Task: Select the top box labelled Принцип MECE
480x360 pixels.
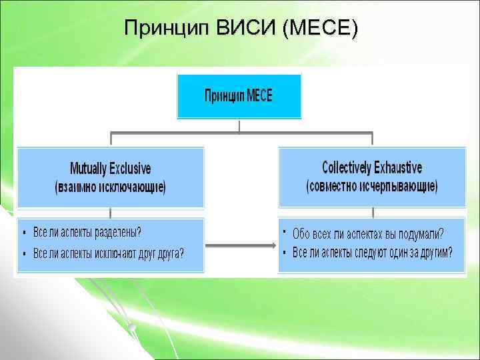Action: click(x=239, y=95)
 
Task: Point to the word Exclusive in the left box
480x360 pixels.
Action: click(x=131, y=169)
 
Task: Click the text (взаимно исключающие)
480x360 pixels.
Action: click(x=110, y=187)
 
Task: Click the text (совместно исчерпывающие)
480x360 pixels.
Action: click(x=371, y=186)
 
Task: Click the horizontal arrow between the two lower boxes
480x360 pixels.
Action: click(x=241, y=245)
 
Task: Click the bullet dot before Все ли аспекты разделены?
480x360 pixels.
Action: click(x=25, y=233)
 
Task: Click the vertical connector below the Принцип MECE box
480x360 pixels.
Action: click(x=239, y=126)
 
